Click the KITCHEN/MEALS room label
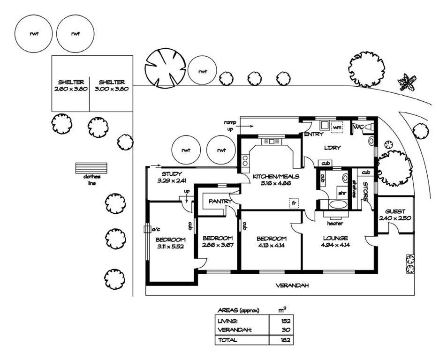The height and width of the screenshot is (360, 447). (x=276, y=177)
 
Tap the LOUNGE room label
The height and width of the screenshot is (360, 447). (x=335, y=238)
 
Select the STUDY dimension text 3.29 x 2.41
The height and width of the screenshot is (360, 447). (x=172, y=180)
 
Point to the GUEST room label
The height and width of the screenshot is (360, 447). (x=395, y=211)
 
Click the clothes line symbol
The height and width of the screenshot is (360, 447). (x=91, y=168)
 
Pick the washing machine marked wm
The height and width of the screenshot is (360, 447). (x=337, y=127)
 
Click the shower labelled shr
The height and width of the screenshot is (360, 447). (x=342, y=193)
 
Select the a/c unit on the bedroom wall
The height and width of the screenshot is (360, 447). (x=147, y=229)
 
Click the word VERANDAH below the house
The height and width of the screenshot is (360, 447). (x=292, y=285)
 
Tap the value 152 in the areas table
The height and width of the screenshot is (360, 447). (x=285, y=321)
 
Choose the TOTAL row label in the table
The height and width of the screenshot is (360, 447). (x=227, y=340)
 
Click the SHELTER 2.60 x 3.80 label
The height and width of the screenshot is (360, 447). (x=71, y=85)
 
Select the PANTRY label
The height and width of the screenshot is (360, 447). (x=220, y=202)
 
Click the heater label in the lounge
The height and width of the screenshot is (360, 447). (x=335, y=224)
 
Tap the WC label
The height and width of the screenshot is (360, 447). (x=359, y=127)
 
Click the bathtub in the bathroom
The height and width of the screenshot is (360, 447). (x=338, y=204)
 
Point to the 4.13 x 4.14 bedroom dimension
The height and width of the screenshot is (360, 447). (x=272, y=245)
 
